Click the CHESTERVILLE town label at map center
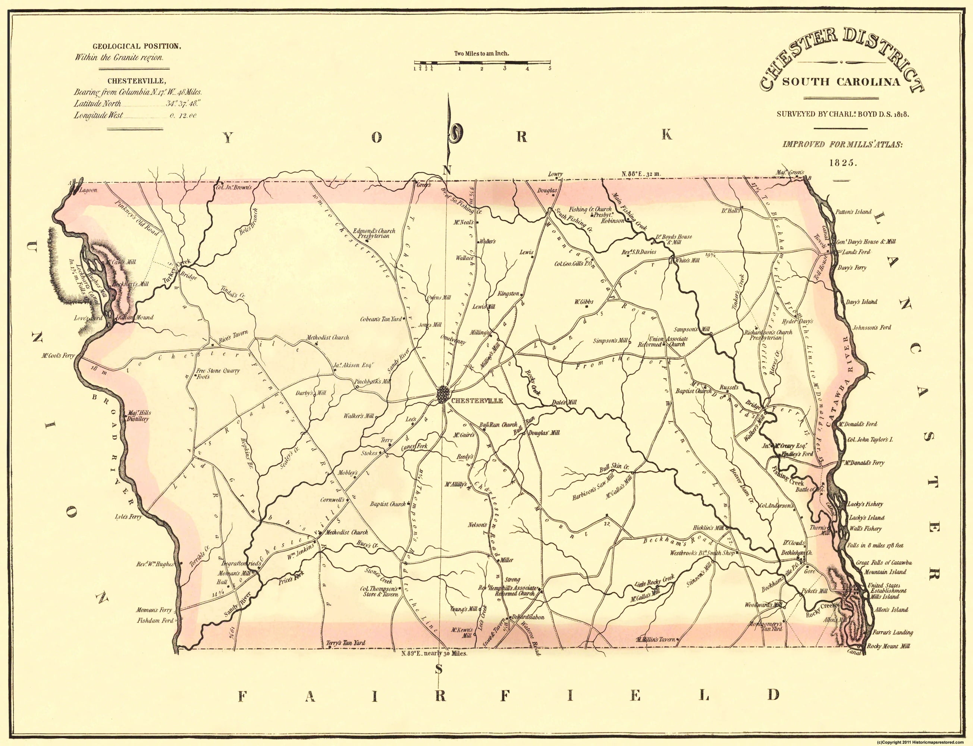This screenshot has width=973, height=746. click(476, 401)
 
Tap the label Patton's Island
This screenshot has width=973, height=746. click(853, 212)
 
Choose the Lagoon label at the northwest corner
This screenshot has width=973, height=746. click(88, 190)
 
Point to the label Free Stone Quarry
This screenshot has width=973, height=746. click(218, 371)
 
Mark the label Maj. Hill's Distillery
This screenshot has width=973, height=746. click(139, 416)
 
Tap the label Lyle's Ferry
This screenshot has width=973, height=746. click(128, 517)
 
